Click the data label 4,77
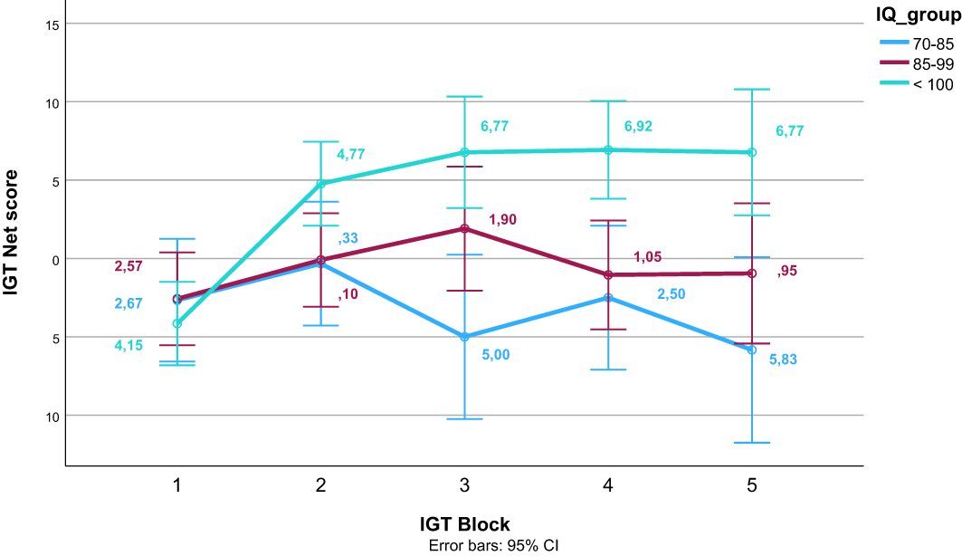tap(353, 154)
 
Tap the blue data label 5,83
tap(784, 359)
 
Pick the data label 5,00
tap(496, 354)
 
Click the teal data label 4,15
tap(129, 344)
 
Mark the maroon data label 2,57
tap(129, 266)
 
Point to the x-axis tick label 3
tap(464, 486)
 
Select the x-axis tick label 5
tap(751, 486)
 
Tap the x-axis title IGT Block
tap(464, 524)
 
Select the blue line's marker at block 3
tap(464, 337)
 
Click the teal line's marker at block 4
tap(608, 149)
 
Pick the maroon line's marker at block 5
tap(751, 273)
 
